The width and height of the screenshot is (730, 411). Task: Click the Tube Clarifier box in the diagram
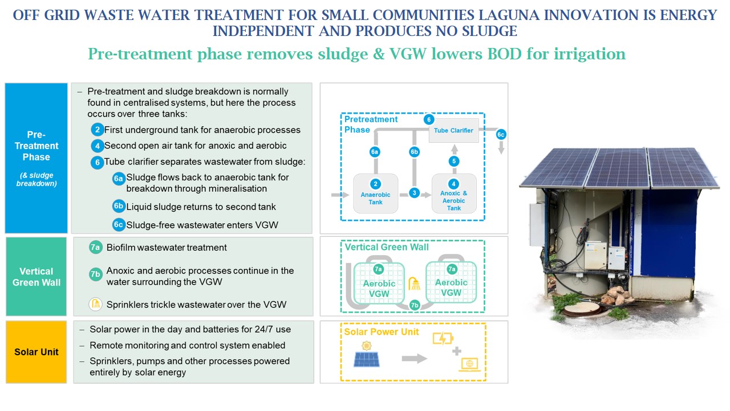click(x=453, y=131)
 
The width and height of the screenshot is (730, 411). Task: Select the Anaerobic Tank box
click(x=375, y=194)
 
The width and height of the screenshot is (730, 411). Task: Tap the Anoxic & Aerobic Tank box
click(x=454, y=194)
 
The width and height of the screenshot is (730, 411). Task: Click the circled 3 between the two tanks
click(x=415, y=193)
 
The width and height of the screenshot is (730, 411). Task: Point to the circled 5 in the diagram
click(x=454, y=162)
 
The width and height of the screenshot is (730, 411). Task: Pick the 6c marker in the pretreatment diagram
click(x=501, y=135)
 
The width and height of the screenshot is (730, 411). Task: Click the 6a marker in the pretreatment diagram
click(x=375, y=152)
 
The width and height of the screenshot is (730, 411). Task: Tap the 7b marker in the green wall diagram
click(x=415, y=305)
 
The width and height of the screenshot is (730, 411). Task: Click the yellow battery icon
click(x=443, y=339)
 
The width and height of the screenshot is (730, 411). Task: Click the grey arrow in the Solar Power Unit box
click(x=415, y=358)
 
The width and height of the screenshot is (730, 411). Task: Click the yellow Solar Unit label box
click(x=36, y=352)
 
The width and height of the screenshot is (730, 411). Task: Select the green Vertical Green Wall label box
click(x=36, y=276)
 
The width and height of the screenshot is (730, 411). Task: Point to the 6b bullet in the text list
click(x=119, y=206)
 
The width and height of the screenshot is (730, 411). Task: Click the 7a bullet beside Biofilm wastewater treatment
click(x=96, y=247)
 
